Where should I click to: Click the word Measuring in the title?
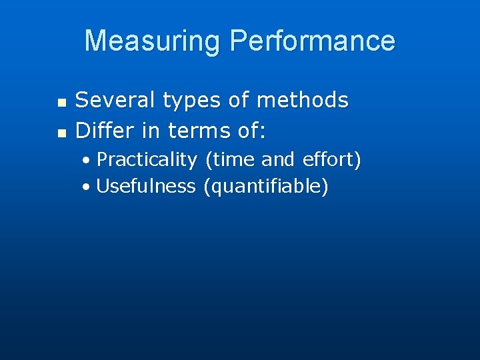153,41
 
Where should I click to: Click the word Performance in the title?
312,41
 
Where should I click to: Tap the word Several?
115,100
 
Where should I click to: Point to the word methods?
303,100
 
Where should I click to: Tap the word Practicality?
147,161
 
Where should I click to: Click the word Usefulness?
146,186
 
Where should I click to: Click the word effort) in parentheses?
331,160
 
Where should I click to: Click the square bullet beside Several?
61,103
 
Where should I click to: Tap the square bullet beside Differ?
61,133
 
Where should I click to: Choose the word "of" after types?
238,100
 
